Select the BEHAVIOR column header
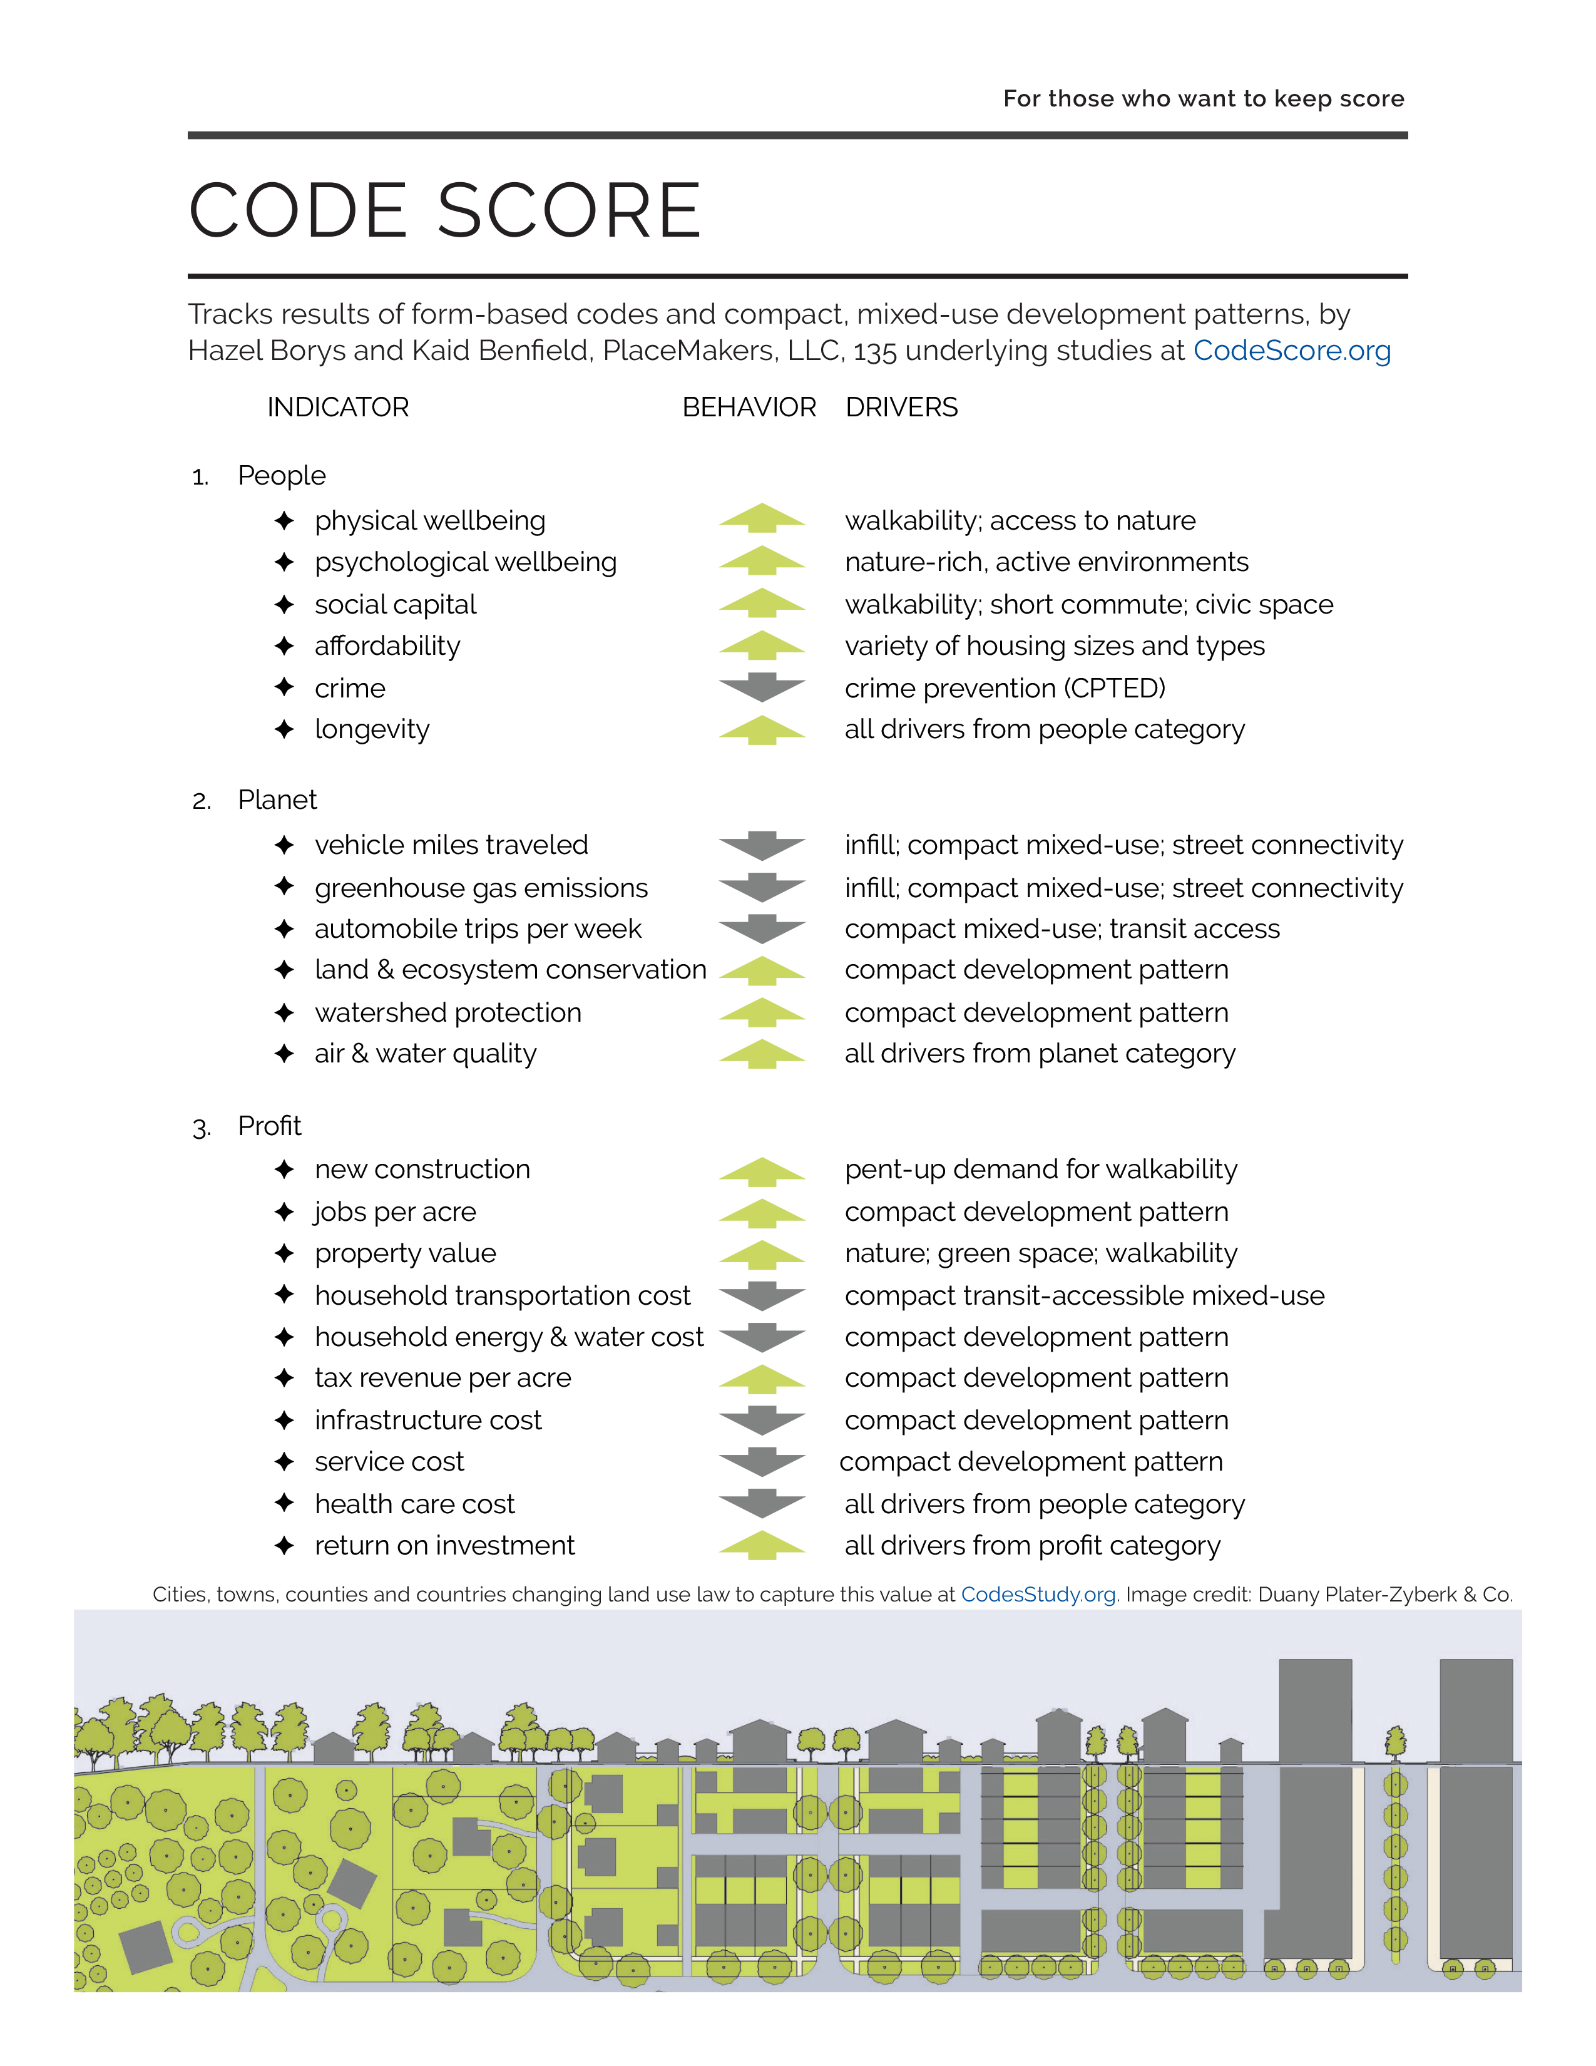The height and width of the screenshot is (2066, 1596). [x=749, y=407]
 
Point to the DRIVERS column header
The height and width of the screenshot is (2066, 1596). [x=901, y=407]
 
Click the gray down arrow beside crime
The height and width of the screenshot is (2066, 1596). [x=762, y=687]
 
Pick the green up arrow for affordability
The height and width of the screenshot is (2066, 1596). [x=762, y=646]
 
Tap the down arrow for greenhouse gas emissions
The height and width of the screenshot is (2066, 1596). [x=762, y=887]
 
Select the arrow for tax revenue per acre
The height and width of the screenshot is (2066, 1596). [x=762, y=1379]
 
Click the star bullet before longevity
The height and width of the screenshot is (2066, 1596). [x=284, y=729]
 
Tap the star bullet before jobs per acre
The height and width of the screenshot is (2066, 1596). [x=284, y=1212]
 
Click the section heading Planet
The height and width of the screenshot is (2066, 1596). [x=277, y=800]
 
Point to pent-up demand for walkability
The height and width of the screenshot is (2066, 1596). [x=1040, y=1169]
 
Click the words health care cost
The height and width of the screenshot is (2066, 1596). [x=414, y=1504]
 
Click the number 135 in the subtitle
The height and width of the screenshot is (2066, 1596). [x=874, y=352]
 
